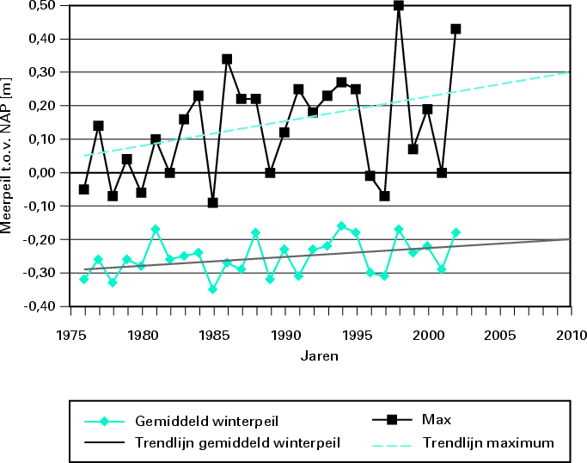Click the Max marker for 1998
[x=399, y=5]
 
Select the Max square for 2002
[x=456, y=28]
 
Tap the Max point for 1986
[x=227, y=59]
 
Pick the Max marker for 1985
[x=212, y=203]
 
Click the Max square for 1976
[x=83, y=189]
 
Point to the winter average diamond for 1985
[x=212, y=289]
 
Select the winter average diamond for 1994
[x=341, y=225]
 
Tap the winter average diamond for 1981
[x=156, y=229]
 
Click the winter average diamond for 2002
[x=456, y=232]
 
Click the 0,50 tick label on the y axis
[x=41, y=6]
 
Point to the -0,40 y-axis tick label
[x=40, y=306]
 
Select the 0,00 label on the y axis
[x=41, y=173]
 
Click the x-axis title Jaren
[x=319, y=355]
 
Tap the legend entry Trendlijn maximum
[x=488, y=443]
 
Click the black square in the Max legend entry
[x=392, y=420]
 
